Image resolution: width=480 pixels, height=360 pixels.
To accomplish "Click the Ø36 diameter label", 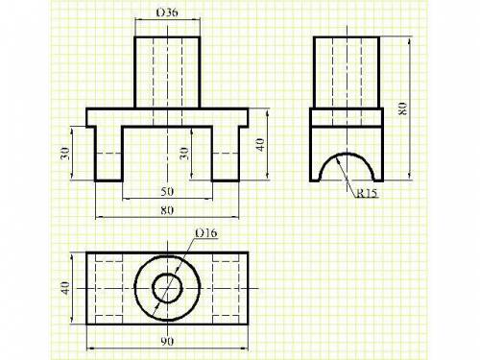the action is (x=167, y=12).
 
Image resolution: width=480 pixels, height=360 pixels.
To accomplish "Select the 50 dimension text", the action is (x=167, y=191).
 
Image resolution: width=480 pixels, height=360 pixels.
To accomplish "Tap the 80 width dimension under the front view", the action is (x=167, y=210).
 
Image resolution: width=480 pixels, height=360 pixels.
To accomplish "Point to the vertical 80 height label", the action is (x=402, y=108).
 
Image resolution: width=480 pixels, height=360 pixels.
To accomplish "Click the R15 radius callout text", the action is (x=367, y=193).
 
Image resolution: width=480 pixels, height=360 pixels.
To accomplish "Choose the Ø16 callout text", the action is (x=206, y=233).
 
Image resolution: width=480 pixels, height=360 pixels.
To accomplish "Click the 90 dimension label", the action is (x=167, y=342).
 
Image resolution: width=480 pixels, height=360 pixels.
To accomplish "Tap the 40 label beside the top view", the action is (x=65, y=288).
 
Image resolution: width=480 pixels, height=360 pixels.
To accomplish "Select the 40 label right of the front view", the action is (x=260, y=145).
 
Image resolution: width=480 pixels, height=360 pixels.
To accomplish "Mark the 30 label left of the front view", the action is (x=64, y=154).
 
